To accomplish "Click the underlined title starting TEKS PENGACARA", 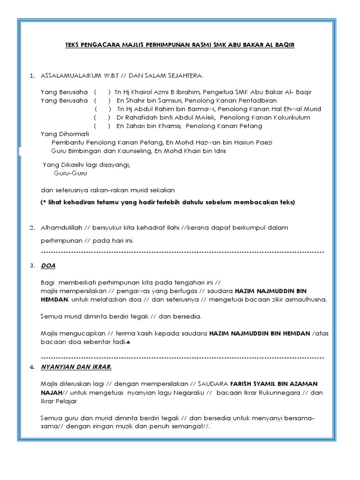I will pyautogui.click(x=180, y=45).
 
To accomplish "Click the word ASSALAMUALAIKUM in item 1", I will pyautogui.click(x=71, y=75).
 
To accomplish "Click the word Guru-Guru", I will pyautogui.click(x=70, y=173).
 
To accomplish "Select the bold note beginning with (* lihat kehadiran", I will pyautogui.click(x=168, y=202).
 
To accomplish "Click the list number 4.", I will pyautogui.click(x=32, y=367).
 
